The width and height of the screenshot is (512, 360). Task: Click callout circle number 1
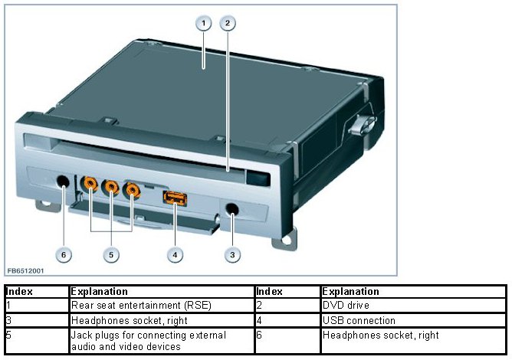pos(204,23)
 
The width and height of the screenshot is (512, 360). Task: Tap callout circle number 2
pos(228,23)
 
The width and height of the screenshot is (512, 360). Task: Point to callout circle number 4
pos(176,254)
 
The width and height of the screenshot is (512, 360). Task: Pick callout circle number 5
pos(112,254)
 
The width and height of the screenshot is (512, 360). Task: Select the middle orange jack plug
pos(112,185)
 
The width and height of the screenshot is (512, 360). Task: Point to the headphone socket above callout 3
pos(231,208)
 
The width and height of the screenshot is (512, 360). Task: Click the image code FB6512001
pos(25,270)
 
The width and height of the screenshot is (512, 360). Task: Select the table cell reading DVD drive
pos(412,306)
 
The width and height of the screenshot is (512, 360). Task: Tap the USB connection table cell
pos(412,320)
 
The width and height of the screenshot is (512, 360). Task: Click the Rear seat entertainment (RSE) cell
pos(161,306)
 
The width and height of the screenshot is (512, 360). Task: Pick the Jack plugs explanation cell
pos(161,341)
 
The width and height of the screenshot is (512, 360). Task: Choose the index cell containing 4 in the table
pos(287,320)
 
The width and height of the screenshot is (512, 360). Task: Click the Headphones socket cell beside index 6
pos(412,335)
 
